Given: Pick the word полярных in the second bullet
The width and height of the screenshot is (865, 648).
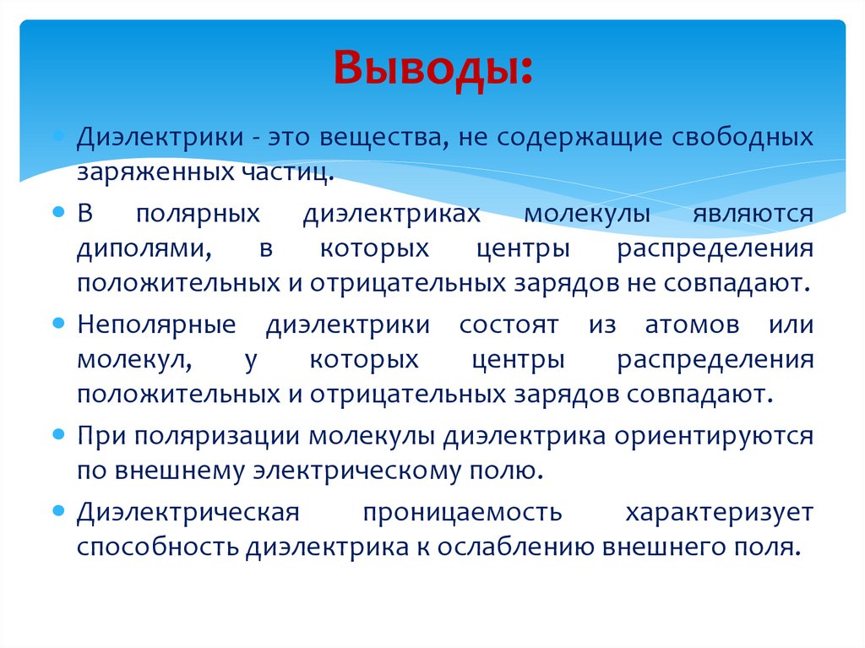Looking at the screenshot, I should point(198,213).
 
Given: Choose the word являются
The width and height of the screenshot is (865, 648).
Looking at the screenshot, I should point(753,213).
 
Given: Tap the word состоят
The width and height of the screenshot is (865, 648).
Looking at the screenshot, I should point(509,325).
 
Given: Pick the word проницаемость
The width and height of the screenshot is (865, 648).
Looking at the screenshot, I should point(463,512).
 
